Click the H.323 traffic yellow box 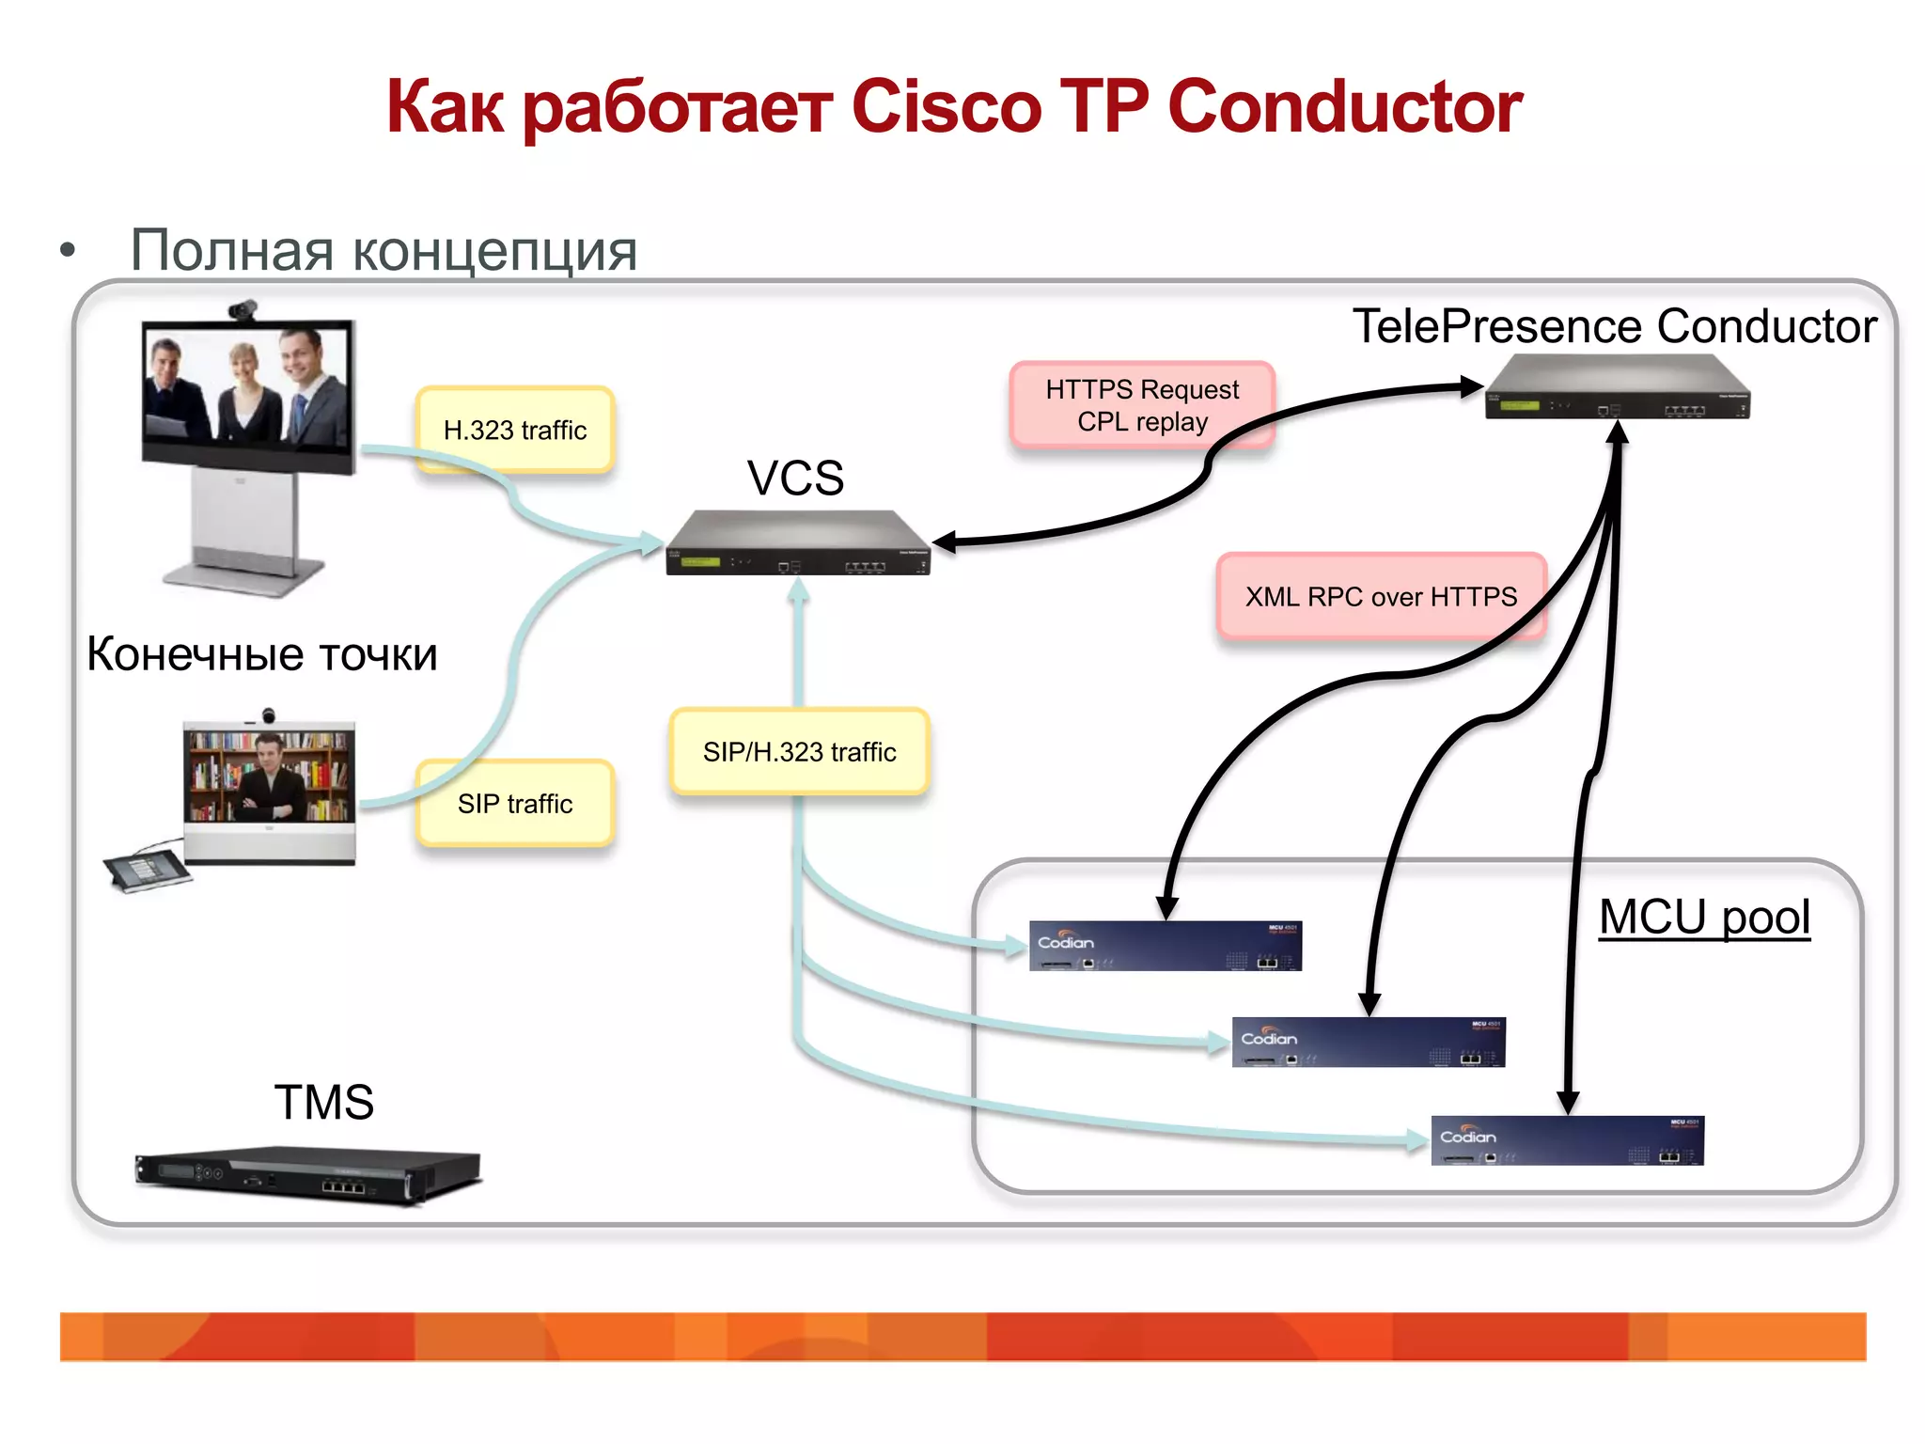pos(515,430)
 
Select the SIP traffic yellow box pos(515,804)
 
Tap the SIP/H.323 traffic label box pos(799,752)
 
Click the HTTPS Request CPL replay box pos(1141,405)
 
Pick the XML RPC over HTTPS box pos(1380,597)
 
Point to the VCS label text pos(795,478)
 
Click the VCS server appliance pos(797,544)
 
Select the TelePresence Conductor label pos(1614,326)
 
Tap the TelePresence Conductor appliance pos(1617,388)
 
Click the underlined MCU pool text pos(1704,917)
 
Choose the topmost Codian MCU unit pos(1165,946)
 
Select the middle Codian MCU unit pos(1368,1042)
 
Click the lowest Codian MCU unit pos(1567,1140)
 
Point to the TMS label pos(323,1102)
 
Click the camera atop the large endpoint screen pos(243,309)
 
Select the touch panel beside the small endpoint pos(147,870)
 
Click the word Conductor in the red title pos(1344,106)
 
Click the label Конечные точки pos(262,654)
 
